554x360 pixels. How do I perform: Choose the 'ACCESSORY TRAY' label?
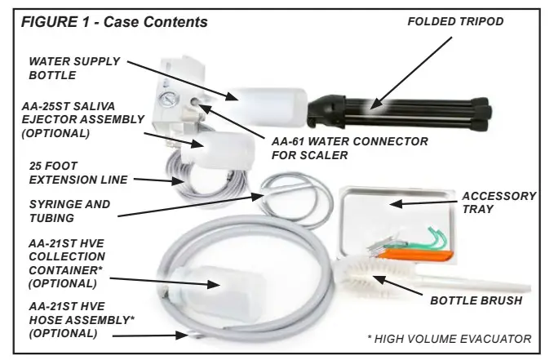tap(499, 202)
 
